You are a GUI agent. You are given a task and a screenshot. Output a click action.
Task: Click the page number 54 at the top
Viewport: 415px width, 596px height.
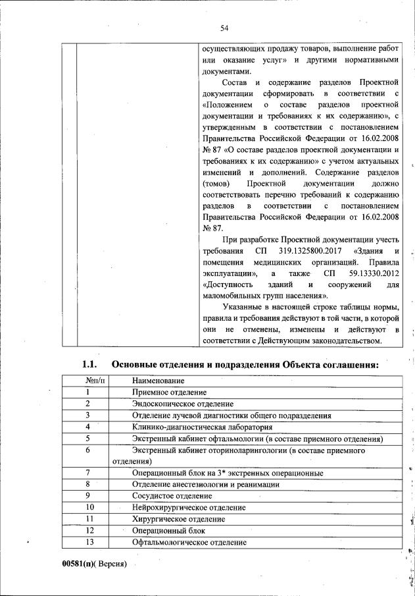click(224, 27)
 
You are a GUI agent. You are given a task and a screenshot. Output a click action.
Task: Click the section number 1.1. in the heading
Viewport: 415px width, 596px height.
click(89, 364)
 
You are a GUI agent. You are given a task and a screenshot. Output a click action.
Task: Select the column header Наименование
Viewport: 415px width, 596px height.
click(158, 381)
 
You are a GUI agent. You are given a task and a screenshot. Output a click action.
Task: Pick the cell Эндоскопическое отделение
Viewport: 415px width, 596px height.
click(182, 404)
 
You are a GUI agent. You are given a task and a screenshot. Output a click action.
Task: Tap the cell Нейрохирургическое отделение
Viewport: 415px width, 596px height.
click(189, 507)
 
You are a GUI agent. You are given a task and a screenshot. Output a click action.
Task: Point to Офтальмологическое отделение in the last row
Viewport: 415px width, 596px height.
click(189, 542)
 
